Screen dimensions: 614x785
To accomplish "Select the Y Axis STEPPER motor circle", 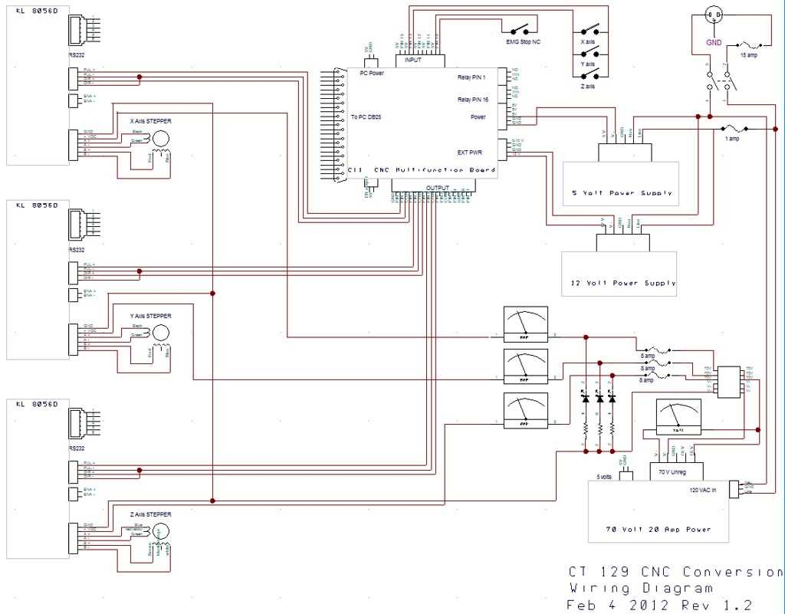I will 162,332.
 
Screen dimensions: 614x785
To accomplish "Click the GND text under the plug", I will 714,44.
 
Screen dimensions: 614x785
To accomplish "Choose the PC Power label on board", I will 372,74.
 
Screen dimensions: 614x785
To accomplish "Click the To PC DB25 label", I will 366,117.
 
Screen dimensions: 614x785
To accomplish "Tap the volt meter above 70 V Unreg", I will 678,418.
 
